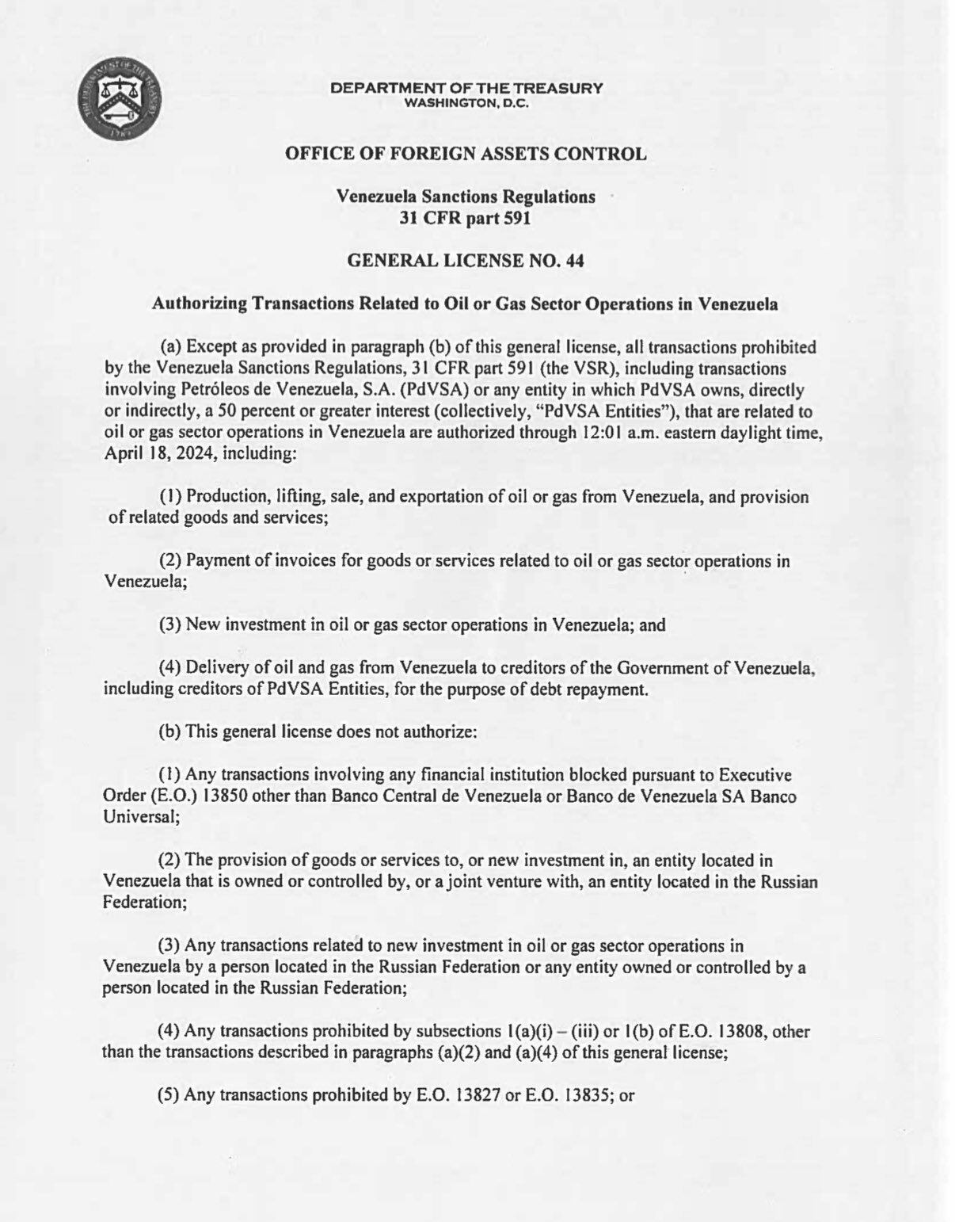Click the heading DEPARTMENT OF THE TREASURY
click(x=466, y=88)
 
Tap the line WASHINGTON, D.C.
click(x=466, y=102)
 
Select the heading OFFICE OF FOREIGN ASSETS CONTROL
click(x=466, y=154)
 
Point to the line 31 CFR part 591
click(x=466, y=218)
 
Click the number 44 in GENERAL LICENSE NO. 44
click(x=576, y=260)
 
